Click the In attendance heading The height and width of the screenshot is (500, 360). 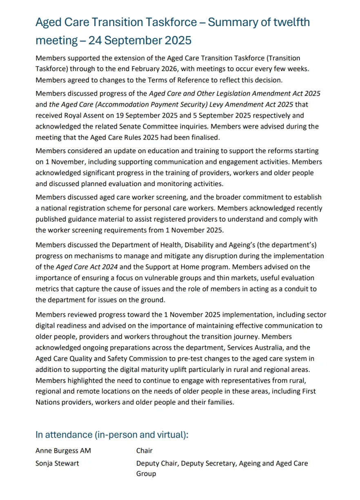coord(112,435)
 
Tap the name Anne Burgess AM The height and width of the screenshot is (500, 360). coord(63,451)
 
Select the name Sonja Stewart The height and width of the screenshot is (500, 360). coord(58,463)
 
